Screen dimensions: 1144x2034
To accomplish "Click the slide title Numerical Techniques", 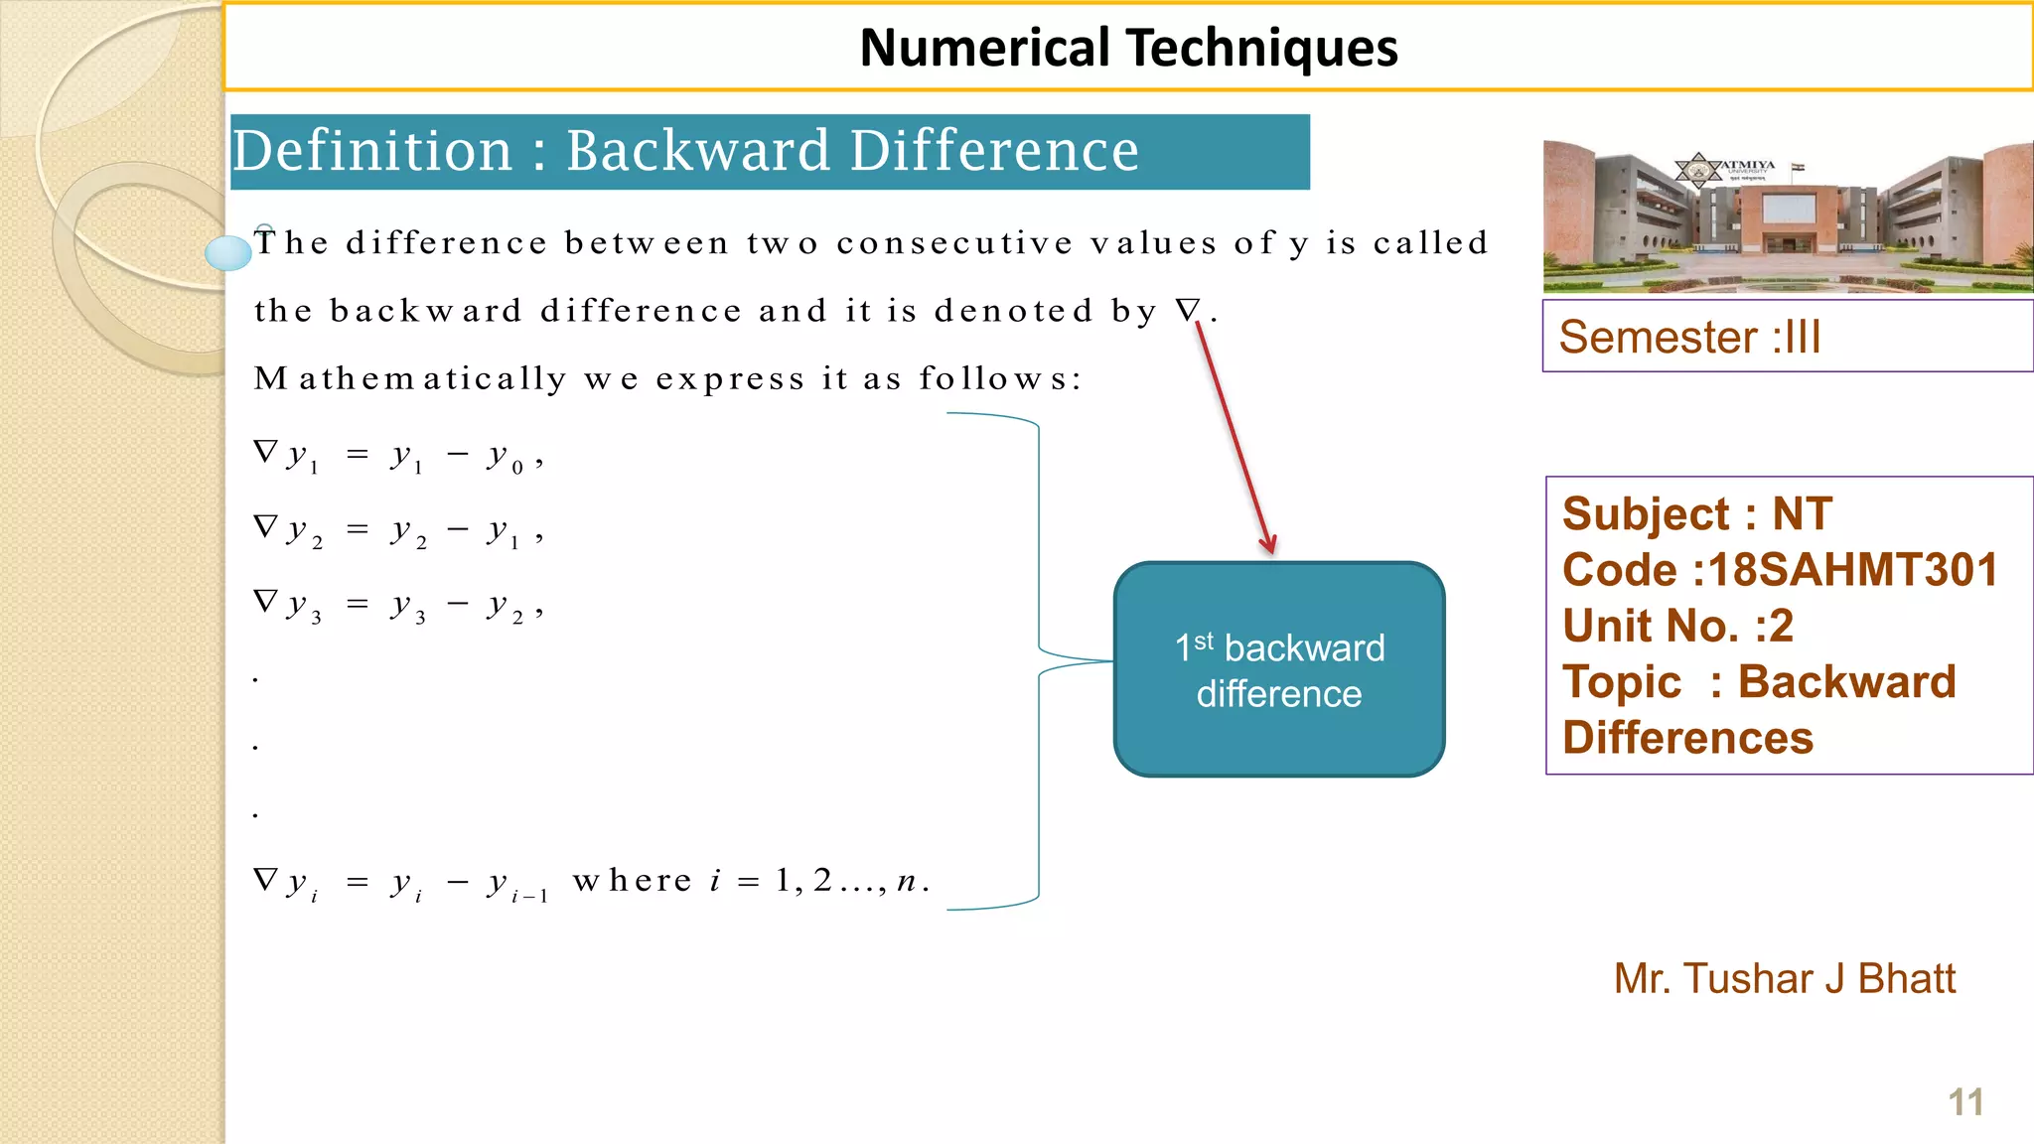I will point(1128,48).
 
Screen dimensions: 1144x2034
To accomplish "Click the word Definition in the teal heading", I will point(372,151).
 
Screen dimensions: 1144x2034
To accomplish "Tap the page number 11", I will point(1965,1102).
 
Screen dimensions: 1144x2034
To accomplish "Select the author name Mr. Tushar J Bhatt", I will point(1784,979).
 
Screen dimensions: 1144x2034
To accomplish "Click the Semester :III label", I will point(1689,338).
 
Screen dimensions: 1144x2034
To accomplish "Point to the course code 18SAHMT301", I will point(1851,570).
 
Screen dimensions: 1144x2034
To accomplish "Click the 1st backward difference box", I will point(1279,670).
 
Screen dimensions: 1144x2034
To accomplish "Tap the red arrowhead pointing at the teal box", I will point(1268,543).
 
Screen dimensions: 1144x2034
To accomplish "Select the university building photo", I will point(1788,216).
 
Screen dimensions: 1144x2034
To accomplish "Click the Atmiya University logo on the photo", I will point(1699,170).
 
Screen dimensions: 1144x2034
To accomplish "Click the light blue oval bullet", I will point(228,253).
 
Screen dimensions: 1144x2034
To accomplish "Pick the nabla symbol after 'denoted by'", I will point(1188,310).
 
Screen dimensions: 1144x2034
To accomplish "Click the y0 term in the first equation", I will point(505,457).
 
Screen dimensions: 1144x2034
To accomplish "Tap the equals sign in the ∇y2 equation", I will point(358,530).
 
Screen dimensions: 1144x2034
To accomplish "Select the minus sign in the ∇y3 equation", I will point(457,605).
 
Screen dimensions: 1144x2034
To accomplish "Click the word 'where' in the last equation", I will point(633,881).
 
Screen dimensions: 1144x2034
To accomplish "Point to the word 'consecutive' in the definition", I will point(954,243).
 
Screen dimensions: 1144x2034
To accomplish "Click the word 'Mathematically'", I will point(410,378).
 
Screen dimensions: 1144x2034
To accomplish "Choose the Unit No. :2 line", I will point(1677,626).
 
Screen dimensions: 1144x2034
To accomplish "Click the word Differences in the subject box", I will point(1687,738).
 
